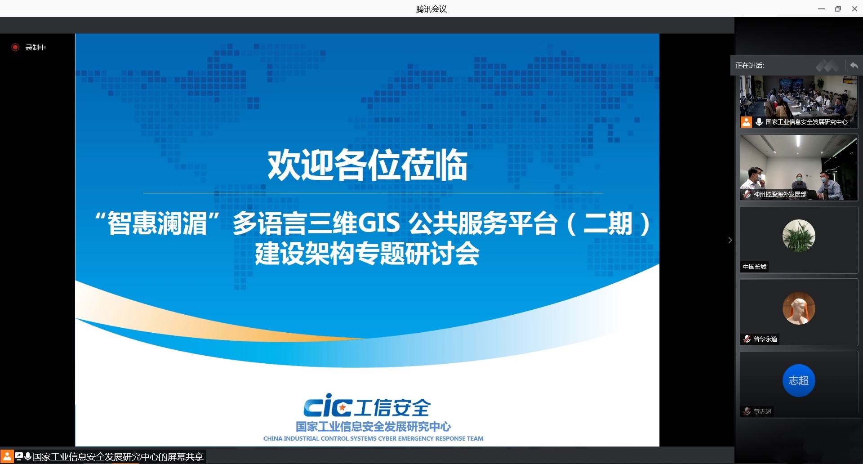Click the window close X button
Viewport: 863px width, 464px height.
pos(854,9)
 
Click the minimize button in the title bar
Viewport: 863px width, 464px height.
pos(821,9)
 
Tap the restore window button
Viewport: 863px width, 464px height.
pos(838,9)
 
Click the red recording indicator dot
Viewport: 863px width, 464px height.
pos(15,47)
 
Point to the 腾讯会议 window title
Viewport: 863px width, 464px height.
pos(431,9)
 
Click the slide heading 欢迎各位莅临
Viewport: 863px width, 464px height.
pos(368,165)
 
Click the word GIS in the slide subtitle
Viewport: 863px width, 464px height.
pos(378,223)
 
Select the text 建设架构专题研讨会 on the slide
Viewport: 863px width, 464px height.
pos(367,254)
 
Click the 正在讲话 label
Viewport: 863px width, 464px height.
pos(749,66)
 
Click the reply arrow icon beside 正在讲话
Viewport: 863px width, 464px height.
pos(854,66)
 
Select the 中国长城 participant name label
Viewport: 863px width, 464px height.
pos(755,267)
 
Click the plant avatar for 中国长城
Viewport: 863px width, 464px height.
pos(799,236)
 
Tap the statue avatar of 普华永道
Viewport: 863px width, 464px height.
pos(799,308)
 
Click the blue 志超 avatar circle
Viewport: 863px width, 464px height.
pos(799,380)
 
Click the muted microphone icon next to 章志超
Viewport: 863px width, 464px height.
pos(747,411)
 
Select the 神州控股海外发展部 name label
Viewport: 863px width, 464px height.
pos(780,194)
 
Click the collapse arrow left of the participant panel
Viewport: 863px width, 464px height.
pos(730,240)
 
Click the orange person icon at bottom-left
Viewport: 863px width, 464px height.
pos(7,457)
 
